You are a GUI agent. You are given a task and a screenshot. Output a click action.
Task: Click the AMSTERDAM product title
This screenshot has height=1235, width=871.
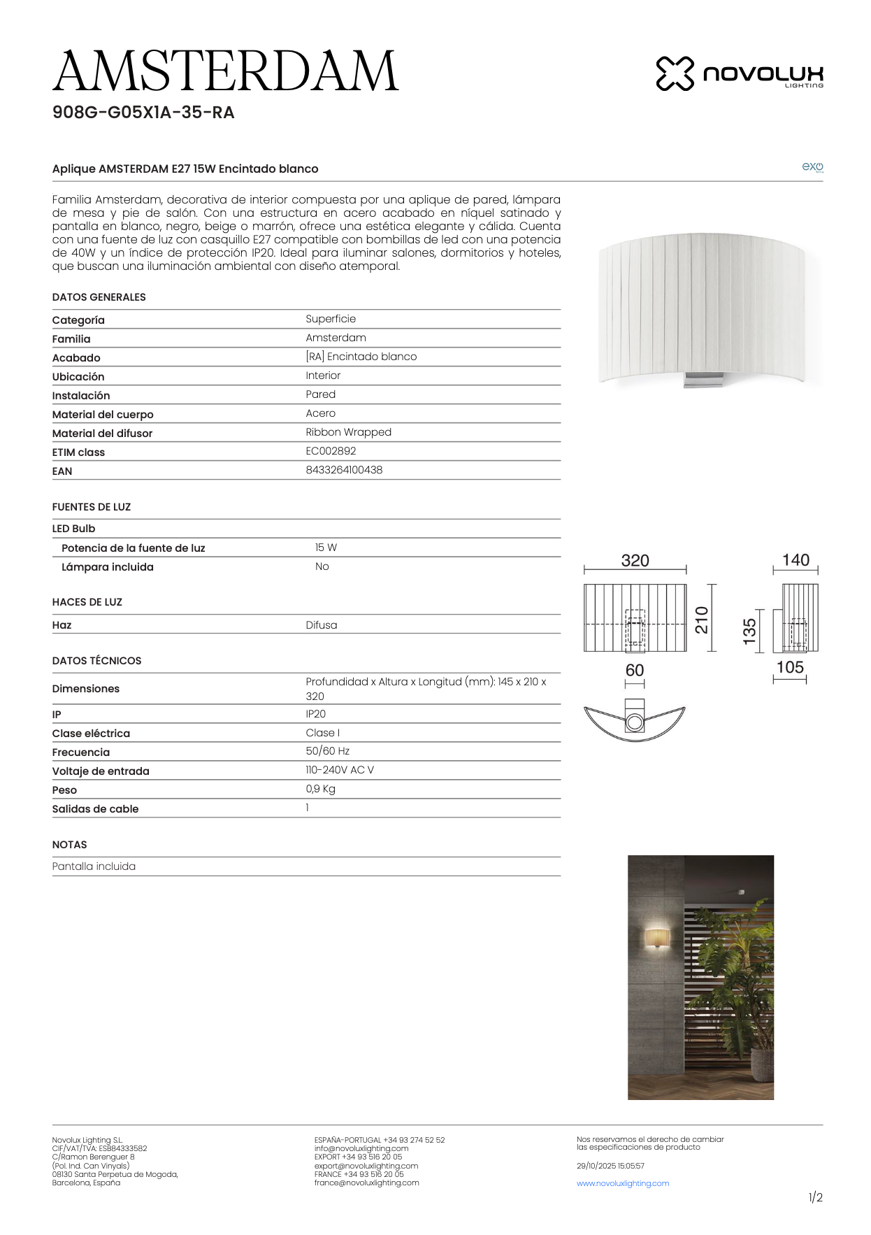[225, 71]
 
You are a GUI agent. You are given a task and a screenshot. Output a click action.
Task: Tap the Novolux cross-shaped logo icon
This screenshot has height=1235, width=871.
[675, 73]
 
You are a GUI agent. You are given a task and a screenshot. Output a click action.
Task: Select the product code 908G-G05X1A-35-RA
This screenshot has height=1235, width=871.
[143, 113]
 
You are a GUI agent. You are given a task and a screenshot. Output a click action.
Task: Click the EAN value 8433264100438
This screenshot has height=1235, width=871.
[344, 470]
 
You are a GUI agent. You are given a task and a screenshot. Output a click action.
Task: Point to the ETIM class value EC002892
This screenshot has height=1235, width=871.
[331, 451]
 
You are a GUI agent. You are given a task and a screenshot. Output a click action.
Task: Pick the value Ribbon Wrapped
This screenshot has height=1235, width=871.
[348, 432]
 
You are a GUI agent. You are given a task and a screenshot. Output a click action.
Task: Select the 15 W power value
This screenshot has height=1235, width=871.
[326, 548]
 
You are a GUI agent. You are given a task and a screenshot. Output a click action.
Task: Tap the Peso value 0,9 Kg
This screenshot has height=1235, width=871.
[320, 789]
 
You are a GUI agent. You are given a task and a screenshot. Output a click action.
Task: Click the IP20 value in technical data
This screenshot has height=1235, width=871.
[315, 714]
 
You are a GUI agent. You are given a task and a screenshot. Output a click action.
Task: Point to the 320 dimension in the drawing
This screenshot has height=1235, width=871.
[635, 561]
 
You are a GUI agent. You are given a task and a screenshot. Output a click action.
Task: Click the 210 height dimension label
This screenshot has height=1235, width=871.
[701, 620]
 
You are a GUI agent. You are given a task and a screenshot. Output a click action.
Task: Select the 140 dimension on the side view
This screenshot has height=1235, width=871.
[796, 560]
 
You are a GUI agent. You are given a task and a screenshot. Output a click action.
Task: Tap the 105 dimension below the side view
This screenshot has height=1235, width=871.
[790, 667]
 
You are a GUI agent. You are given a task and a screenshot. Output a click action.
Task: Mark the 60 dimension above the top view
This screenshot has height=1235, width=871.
[635, 670]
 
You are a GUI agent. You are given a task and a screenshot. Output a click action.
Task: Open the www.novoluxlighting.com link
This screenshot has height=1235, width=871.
[623, 1183]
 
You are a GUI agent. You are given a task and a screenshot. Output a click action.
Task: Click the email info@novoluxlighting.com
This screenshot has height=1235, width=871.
[361, 1148]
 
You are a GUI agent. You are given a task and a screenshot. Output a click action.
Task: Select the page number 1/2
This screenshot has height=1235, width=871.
[815, 1197]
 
